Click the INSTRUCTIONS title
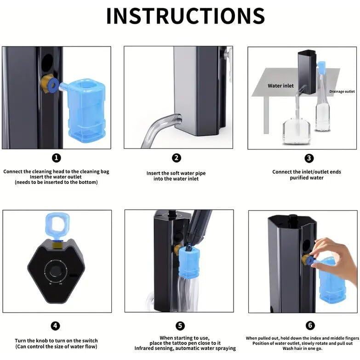(185, 16)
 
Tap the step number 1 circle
(56, 158)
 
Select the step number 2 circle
(177, 158)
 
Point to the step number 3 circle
(309, 158)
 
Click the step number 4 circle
(55, 326)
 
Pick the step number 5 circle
(180, 326)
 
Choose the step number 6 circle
(310, 326)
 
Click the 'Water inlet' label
(280, 86)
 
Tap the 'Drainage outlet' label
(342, 91)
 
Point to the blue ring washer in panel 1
(54, 84)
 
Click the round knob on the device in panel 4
(56, 271)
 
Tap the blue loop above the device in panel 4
(57, 225)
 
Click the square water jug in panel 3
(296, 131)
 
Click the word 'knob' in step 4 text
(42, 341)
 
